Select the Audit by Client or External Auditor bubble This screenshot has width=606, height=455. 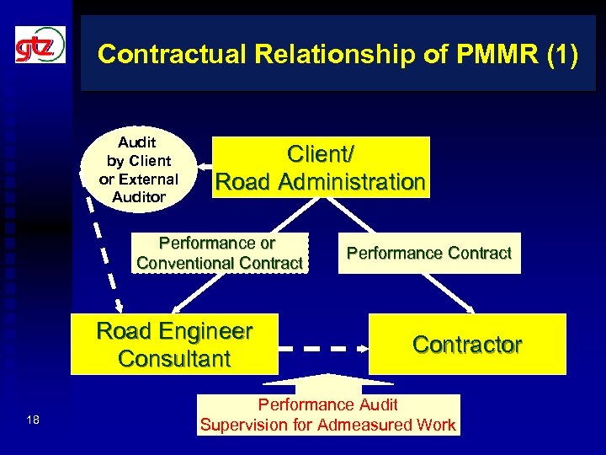[138, 169]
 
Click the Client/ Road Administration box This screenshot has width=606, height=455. [321, 168]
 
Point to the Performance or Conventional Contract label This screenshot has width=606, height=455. [219, 253]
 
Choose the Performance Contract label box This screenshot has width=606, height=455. [429, 253]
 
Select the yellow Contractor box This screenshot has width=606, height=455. [467, 344]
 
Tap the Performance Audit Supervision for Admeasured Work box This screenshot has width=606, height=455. [328, 415]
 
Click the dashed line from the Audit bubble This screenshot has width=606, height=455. [104, 253]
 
